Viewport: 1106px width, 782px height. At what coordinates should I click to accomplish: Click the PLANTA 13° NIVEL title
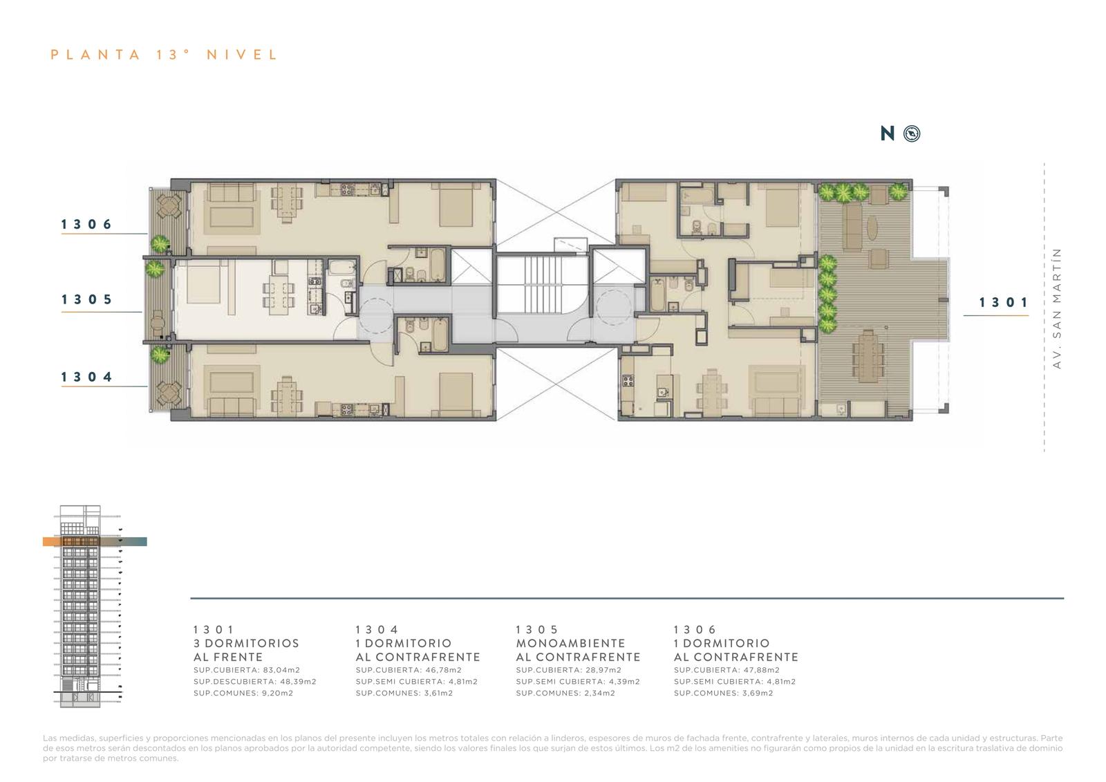[165, 55]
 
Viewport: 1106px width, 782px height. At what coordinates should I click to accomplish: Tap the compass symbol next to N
[912, 133]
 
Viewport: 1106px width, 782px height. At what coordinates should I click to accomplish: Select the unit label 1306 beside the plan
[87, 224]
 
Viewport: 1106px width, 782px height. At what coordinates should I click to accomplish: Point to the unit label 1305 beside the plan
[87, 299]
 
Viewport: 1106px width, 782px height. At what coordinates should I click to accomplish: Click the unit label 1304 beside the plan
[87, 377]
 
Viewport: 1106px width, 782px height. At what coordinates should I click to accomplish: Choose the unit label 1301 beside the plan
[1004, 302]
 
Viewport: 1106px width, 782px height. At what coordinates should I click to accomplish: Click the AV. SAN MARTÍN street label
[1056, 308]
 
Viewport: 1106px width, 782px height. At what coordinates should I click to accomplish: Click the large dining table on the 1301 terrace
[868, 355]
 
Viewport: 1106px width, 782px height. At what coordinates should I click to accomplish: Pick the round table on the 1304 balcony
[169, 393]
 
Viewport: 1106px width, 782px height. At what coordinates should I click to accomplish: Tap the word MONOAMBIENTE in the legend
[571, 643]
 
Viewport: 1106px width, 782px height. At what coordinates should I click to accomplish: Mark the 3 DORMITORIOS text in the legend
[246, 643]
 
